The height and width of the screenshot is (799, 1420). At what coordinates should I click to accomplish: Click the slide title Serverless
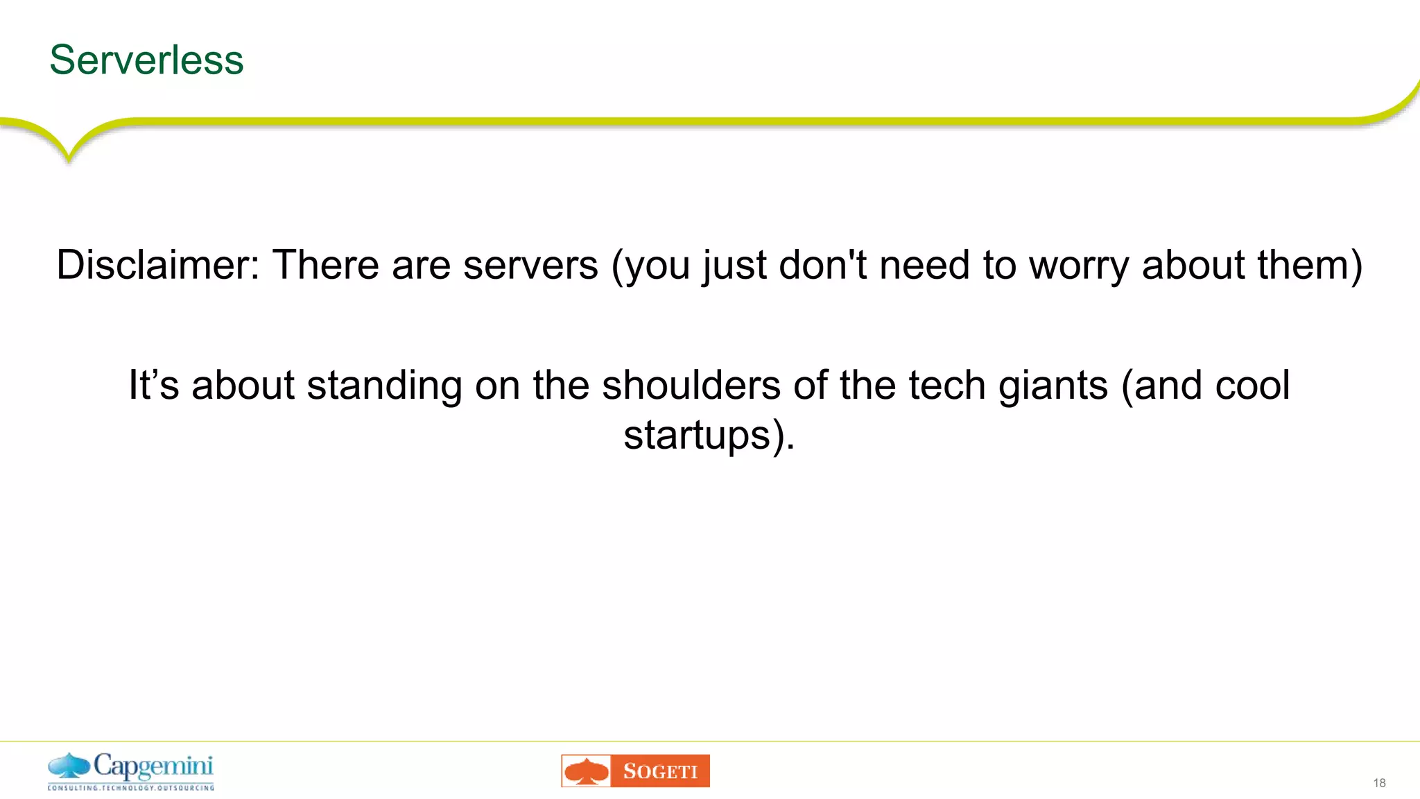146,60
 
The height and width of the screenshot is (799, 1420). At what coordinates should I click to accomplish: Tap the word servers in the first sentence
530,265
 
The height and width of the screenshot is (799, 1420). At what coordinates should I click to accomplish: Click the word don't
823,265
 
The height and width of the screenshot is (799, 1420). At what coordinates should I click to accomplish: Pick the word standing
384,386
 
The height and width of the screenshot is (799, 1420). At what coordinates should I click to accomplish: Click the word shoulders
691,386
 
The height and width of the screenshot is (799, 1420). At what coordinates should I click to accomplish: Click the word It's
154,386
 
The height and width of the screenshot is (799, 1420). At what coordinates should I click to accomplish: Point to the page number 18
1379,783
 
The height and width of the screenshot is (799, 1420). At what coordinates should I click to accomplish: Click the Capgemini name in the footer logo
153,766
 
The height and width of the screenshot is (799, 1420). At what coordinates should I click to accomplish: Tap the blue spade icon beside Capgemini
69,766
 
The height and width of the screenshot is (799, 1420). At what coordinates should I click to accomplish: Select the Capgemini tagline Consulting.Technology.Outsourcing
130,788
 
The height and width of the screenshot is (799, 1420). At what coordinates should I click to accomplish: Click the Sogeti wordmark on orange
660,771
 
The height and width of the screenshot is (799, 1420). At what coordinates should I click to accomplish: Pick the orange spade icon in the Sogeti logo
587,771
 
